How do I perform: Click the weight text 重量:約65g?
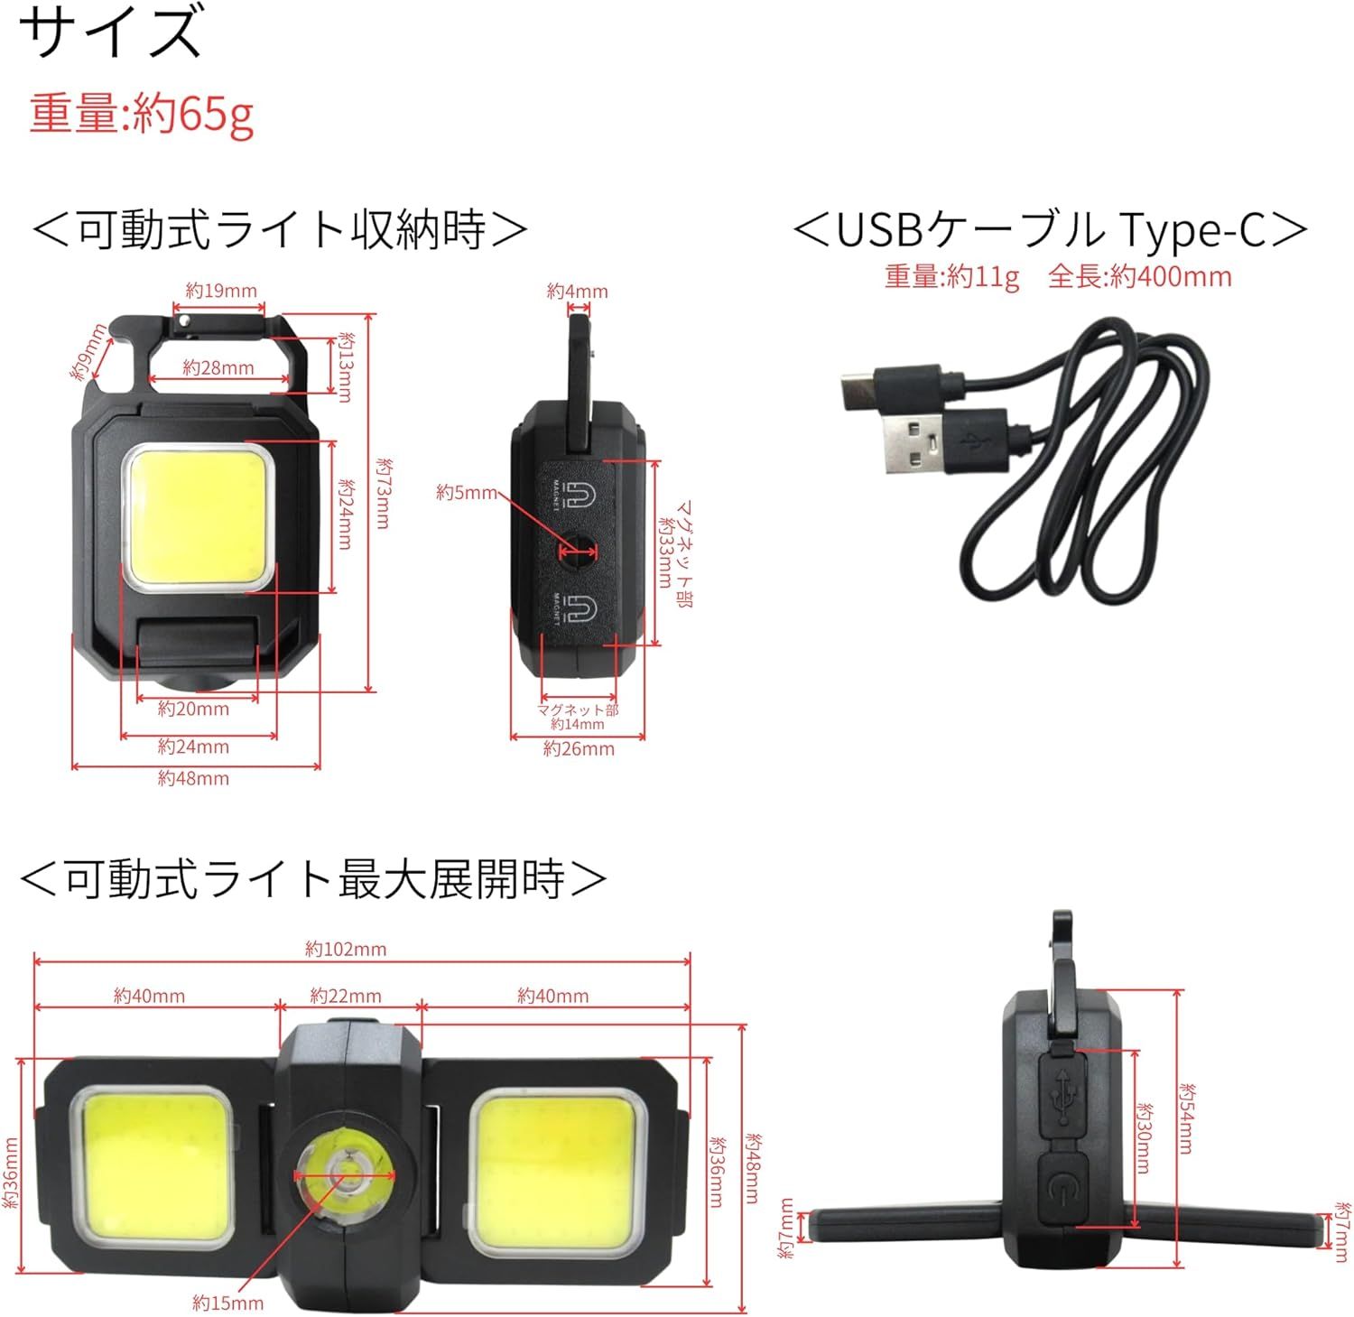[141, 114]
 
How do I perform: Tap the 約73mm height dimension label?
[384, 493]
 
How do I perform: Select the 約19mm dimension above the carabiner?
[221, 291]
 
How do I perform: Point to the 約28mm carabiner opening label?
[218, 367]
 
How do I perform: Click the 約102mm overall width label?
[346, 949]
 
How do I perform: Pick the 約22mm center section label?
[346, 996]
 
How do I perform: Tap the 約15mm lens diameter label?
[228, 1303]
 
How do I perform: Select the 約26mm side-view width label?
[579, 748]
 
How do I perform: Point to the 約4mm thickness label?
[578, 292]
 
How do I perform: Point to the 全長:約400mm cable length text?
[1140, 276]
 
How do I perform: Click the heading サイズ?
[111, 31]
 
